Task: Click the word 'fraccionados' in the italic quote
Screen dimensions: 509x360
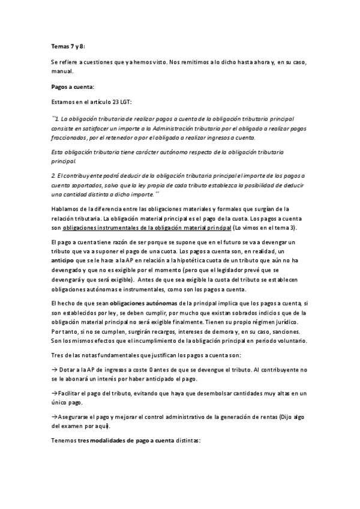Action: click(x=71, y=137)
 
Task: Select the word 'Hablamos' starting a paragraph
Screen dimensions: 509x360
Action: click(x=65, y=208)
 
